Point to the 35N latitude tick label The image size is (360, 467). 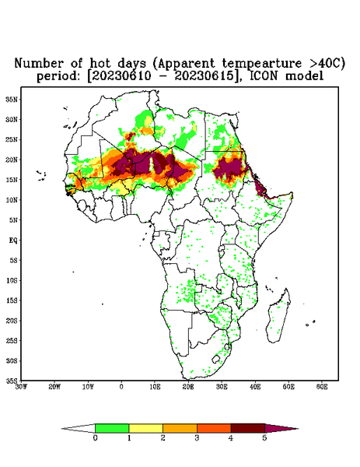click(x=12, y=100)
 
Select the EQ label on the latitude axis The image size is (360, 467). click(x=13, y=241)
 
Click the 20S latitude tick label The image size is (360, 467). click(x=12, y=321)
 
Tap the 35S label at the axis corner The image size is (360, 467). click(x=12, y=381)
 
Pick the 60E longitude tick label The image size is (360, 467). click(x=322, y=387)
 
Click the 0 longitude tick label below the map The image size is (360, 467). click(x=121, y=387)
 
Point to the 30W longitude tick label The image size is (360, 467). click(x=21, y=387)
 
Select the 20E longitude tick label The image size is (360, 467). click(x=188, y=387)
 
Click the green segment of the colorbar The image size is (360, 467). click(x=112, y=428)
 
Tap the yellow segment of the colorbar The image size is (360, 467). click(x=145, y=428)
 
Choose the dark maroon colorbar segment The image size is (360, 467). click(x=248, y=428)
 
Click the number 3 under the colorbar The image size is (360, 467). click(x=197, y=438)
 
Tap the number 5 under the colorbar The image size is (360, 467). click(x=264, y=438)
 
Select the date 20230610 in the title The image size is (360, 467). click(x=120, y=76)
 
